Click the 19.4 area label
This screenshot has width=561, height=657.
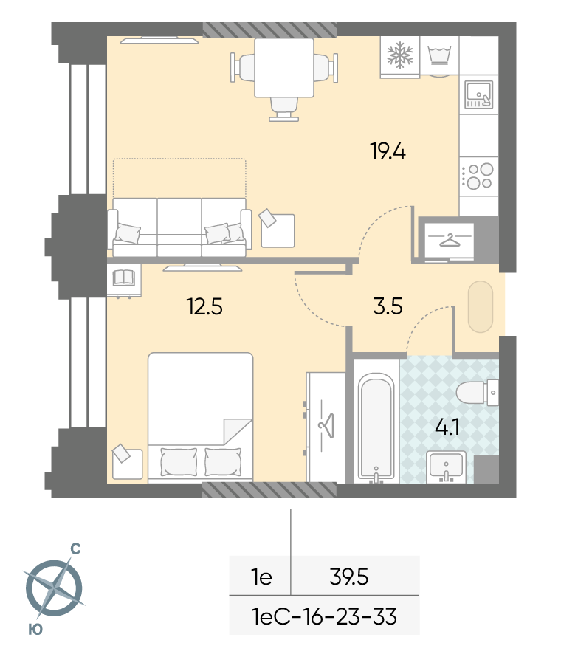pos(388,151)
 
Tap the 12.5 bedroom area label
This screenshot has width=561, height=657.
pos(204,306)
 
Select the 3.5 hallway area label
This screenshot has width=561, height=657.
pos(388,306)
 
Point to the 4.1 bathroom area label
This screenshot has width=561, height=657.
pos(447,427)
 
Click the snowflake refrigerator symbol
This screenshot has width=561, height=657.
pos(399,55)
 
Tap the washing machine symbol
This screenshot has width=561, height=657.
pos(439,55)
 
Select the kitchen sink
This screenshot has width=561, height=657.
pos(478,94)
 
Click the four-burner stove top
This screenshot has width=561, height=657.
pos(478,176)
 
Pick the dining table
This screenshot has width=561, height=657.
pos(284,67)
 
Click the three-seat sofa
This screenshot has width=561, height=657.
pos(179,227)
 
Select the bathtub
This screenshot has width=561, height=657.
pos(376,427)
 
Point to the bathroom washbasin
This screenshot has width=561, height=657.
pos(446,467)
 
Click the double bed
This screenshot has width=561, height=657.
pos(200,418)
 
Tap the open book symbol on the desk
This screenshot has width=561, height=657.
pos(123,277)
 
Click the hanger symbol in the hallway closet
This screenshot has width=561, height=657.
pos(449,241)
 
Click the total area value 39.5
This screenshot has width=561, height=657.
pos(349,577)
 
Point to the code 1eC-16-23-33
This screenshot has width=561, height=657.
pos(324,616)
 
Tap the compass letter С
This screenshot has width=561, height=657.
pos(75,548)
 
